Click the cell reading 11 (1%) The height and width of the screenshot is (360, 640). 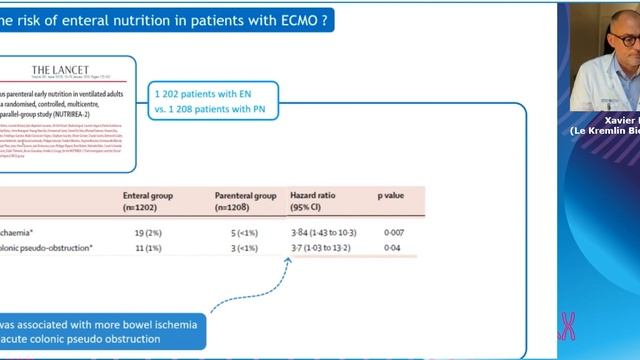[x=140, y=246]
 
